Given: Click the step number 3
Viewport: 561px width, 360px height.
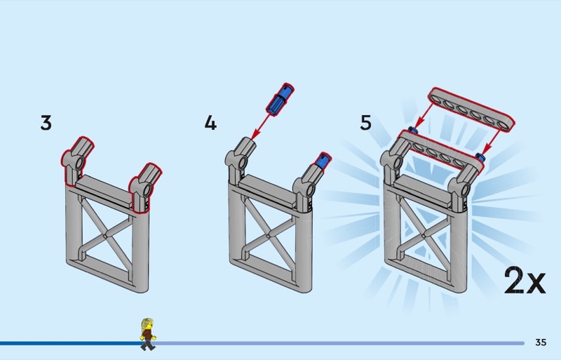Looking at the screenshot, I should [46, 123].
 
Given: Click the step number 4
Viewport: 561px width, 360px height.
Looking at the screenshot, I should [210, 123].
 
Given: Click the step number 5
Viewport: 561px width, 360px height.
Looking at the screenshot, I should [366, 123].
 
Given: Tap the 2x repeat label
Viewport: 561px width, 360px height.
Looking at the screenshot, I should [524, 281].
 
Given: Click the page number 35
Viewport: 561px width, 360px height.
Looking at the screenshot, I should [541, 342].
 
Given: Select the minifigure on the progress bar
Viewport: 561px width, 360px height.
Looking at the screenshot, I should [148, 334].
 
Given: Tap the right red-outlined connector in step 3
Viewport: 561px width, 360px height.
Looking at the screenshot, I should [145, 182].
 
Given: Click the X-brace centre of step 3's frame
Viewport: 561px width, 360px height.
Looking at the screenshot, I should [105, 236].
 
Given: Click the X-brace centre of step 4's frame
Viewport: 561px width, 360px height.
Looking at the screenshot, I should [269, 236].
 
